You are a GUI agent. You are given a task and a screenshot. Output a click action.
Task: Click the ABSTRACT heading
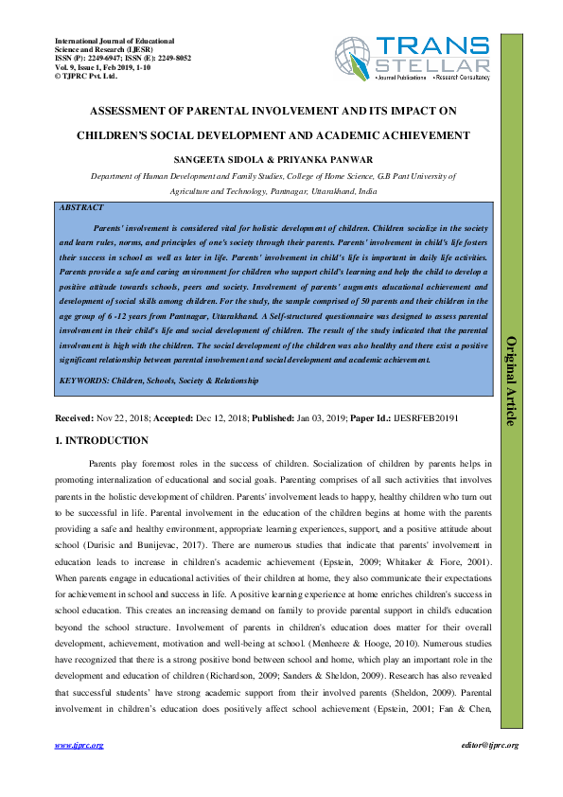coord(81,206)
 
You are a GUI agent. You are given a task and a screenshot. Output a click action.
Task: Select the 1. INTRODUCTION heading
coord(103,440)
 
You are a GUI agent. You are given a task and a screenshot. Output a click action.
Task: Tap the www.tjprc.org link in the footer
coord(79,746)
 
